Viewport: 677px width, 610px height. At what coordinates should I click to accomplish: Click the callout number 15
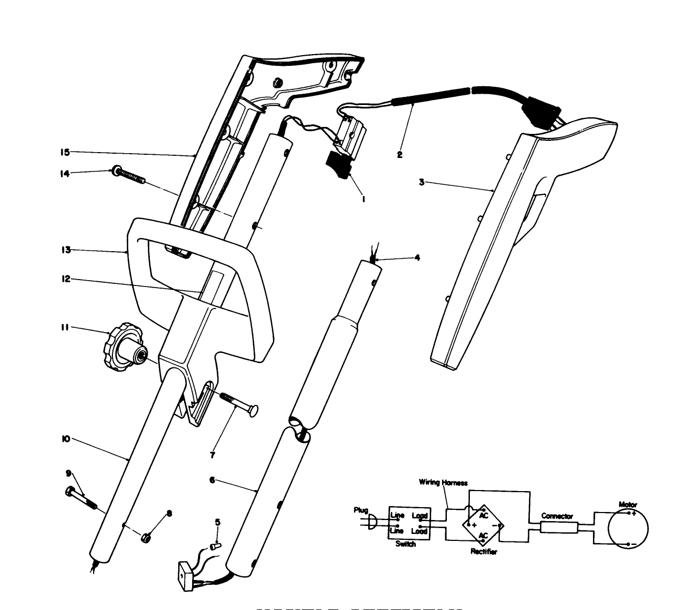click(65, 152)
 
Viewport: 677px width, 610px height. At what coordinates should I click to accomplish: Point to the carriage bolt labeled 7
click(238, 403)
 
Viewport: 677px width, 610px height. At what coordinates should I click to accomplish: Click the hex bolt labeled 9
click(81, 498)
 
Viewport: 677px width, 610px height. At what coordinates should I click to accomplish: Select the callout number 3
click(422, 182)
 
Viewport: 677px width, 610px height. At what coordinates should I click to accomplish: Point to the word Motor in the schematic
click(627, 504)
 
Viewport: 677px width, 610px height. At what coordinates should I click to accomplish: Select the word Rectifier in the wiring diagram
click(483, 552)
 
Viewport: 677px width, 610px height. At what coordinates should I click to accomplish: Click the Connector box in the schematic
click(558, 528)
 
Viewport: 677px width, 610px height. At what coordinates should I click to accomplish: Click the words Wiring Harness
click(443, 483)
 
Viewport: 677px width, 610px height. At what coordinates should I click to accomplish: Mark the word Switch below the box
click(405, 544)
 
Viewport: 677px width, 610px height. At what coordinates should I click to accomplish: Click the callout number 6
click(212, 480)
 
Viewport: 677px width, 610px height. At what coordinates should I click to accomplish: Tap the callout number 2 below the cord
click(399, 155)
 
